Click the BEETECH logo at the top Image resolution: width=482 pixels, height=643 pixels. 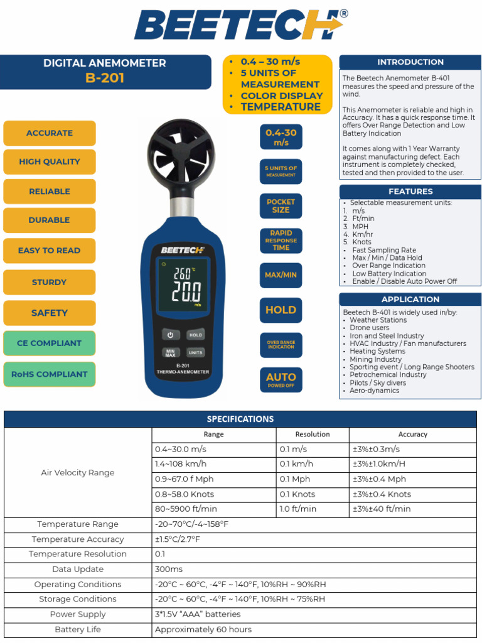pos(240,26)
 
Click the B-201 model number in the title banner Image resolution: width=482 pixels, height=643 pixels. pos(105,78)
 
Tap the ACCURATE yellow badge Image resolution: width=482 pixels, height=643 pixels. pos(50,133)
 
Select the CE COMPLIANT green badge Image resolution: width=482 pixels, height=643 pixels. pos(50,343)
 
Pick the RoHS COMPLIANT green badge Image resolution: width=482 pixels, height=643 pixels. pos(50,374)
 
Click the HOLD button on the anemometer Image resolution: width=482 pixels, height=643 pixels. pos(196,335)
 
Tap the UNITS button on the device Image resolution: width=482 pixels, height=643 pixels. pos(196,352)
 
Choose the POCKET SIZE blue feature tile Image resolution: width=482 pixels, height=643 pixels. pos(281,206)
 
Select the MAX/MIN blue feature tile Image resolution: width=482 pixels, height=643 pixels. pos(281,275)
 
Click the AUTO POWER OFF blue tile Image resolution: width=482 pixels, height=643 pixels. pos(281,379)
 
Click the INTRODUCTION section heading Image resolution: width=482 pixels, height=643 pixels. pos(410,62)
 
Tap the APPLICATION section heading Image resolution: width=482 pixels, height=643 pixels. pos(410,300)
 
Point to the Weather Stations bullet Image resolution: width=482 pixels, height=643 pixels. pos(378,320)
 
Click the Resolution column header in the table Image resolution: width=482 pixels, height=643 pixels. pos(313,435)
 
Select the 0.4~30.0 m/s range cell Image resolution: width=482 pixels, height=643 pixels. pos(181,450)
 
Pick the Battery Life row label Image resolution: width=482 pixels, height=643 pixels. pos(78,629)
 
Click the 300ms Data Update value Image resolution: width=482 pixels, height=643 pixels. pos(169,570)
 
